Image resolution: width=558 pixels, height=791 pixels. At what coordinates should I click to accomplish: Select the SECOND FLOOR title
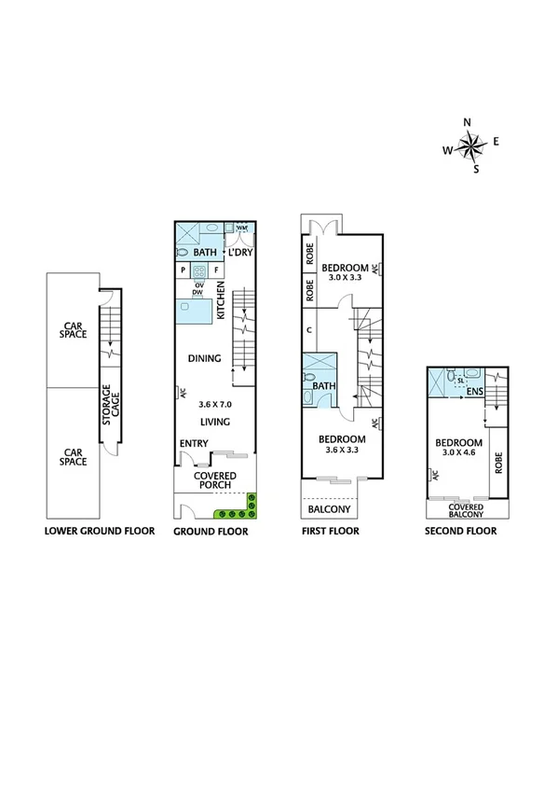point(460,532)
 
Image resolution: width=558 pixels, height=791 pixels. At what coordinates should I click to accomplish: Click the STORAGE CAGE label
point(108,406)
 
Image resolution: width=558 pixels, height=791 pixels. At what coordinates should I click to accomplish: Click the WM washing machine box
point(241,229)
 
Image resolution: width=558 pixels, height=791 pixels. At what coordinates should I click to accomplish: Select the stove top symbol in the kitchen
point(198,271)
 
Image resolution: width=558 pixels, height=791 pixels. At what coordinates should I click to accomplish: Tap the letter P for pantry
point(183,271)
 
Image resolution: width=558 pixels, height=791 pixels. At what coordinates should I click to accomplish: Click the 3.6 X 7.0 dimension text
point(214,405)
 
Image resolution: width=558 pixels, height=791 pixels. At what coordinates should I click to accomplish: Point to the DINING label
point(204,358)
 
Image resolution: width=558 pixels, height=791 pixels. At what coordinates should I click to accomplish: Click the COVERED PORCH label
point(214,480)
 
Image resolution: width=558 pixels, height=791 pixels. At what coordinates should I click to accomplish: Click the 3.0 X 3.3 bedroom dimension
point(345,277)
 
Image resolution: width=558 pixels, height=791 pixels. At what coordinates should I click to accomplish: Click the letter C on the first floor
point(307,329)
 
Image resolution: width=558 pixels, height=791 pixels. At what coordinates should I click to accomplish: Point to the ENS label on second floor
point(474,392)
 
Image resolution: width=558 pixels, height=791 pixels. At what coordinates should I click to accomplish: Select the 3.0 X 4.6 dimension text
point(457,452)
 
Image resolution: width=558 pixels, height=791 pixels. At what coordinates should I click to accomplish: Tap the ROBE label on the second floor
point(498,464)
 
